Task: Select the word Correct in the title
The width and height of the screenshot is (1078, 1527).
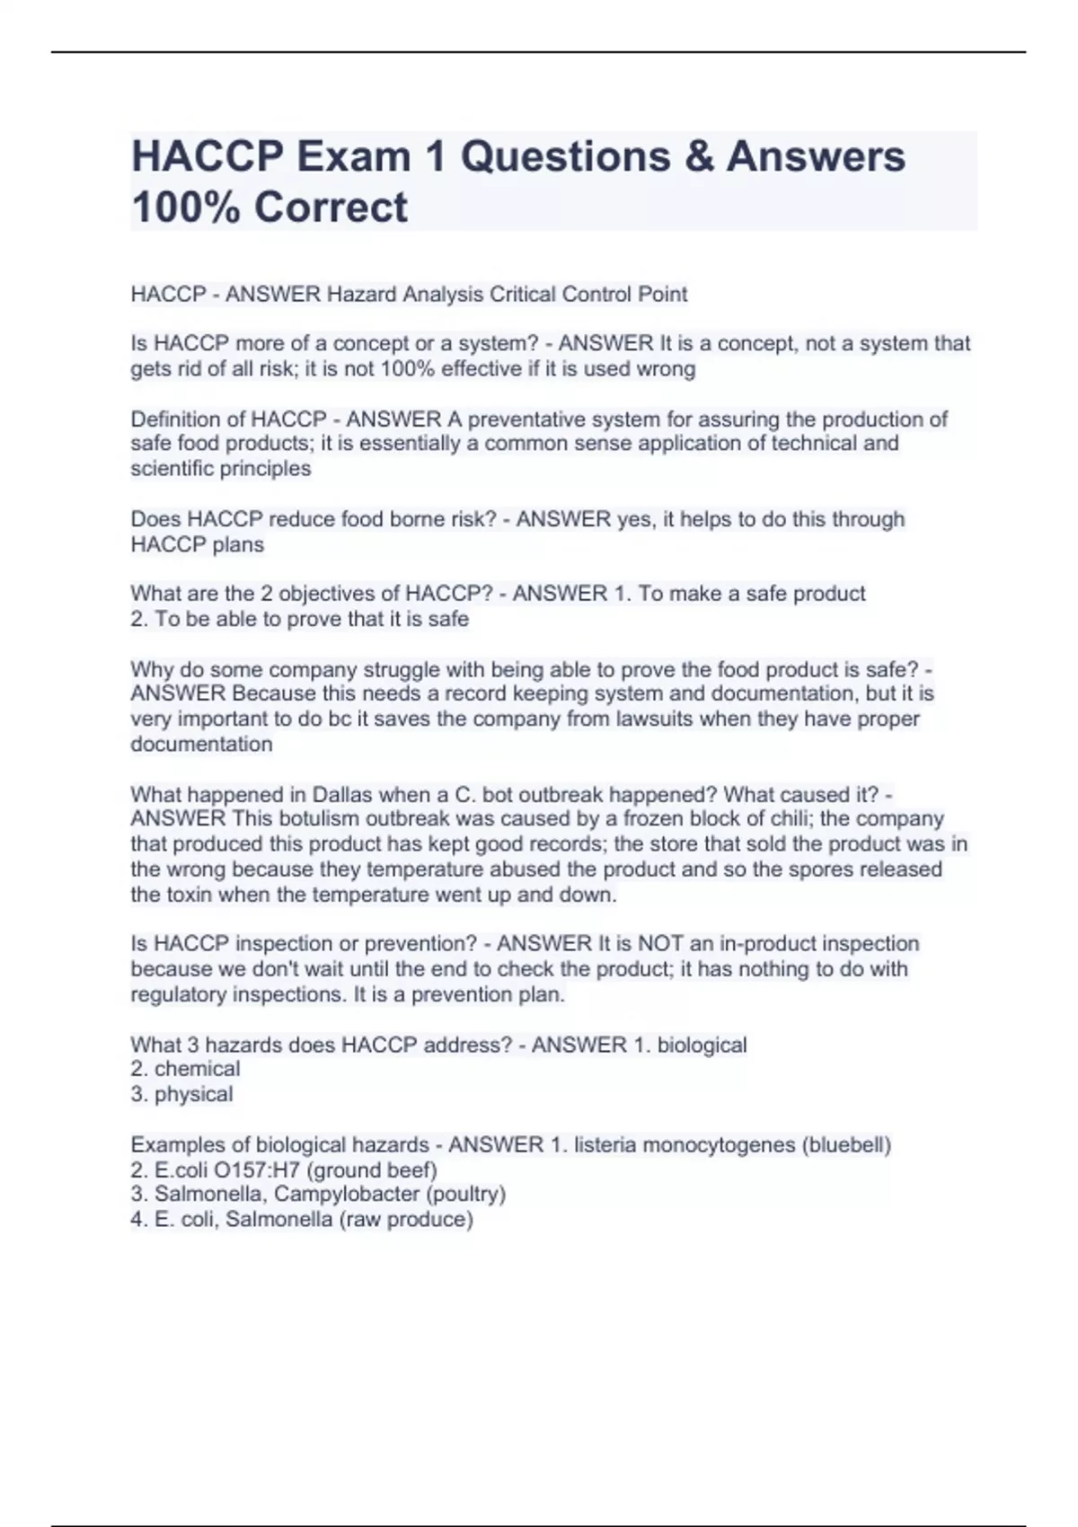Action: (x=331, y=207)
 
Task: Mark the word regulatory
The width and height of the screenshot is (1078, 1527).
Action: (x=178, y=994)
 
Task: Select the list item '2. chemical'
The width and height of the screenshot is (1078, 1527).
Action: (x=185, y=1069)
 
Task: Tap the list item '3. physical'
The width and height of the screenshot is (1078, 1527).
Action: (x=181, y=1094)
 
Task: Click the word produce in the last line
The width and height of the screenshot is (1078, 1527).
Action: (x=428, y=1220)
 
